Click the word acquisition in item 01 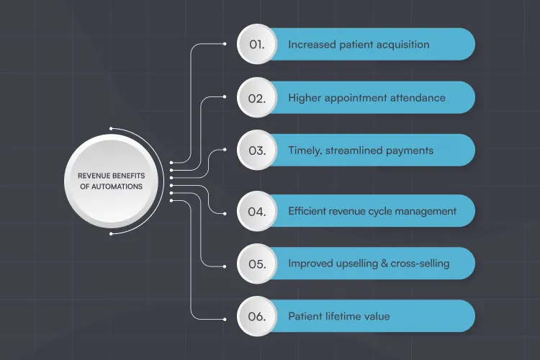pyautogui.click(x=400, y=45)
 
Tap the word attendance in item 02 pyautogui.click(x=415, y=97)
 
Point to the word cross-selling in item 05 pyautogui.click(x=420, y=264)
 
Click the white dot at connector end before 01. pyautogui.click(x=225, y=43)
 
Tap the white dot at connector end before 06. pyautogui.click(x=225, y=316)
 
